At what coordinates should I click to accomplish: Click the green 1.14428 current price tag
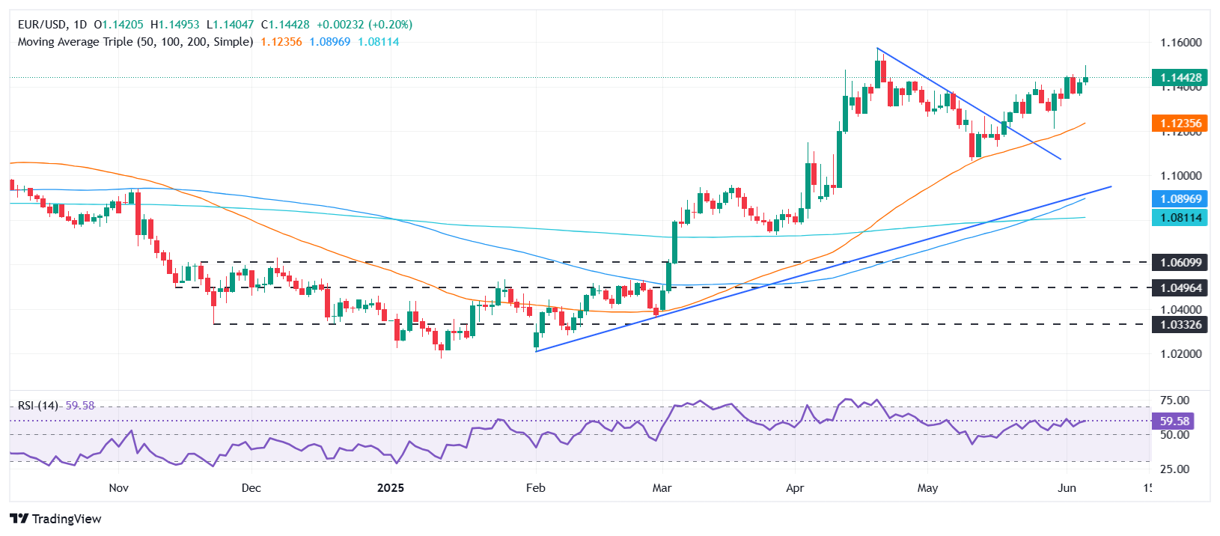pyautogui.click(x=1180, y=78)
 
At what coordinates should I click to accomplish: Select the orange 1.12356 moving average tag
pyautogui.click(x=1180, y=124)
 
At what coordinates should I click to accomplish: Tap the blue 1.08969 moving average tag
pyautogui.click(x=1180, y=199)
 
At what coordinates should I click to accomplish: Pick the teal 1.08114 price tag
pyautogui.click(x=1180, y=218)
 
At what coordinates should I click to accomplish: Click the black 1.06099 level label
pyautogui.click(x=1180, y=263)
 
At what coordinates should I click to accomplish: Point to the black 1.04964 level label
pyautogui.click(x=1180, y=287)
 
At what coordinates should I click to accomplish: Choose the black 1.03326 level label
pyautogui.click(x=1180, y=325)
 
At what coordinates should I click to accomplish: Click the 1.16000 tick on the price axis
pyautogui.click(x=1180, y=43)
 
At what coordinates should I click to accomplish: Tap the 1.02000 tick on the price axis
pyautogui.click(x=1180, y=354)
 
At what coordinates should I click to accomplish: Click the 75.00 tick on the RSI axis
pyautogui.click(x=1174, y=401)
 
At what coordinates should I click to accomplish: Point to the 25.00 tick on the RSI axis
pyautogui.click(x=1174, y=469)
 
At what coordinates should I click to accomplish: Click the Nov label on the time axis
pyautogui.click(x=118, y=488)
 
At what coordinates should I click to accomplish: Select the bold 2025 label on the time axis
pyautogui.click(x=390, y=488)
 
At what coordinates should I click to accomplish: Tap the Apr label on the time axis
pyautogui.click(x=795, y=488)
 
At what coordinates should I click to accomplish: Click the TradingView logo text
pyautogui.click(x=66, y=519)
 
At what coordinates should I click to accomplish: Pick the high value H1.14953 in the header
pyautogui.click(x=179, y=25)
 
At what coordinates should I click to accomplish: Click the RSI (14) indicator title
pyautogui.click(x=38, y=406)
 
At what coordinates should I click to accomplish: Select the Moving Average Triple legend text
pyautogui.click(x=135, y=42)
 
